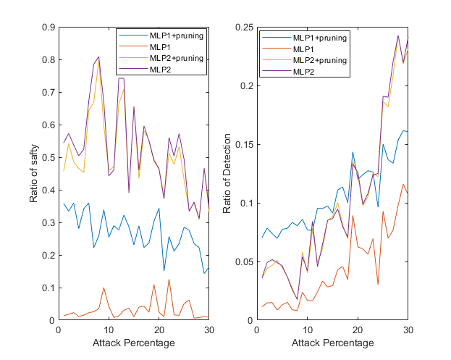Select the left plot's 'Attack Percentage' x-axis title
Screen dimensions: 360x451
[x=134, y=343]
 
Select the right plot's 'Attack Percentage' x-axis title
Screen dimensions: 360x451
[x=332, y=343]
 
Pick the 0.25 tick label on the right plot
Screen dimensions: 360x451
[x=244, y=27]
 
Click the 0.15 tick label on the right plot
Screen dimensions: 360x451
[x=244, y=144]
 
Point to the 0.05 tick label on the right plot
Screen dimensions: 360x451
[x=244, y=261]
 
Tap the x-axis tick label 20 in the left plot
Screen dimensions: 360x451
[x=159, y=330]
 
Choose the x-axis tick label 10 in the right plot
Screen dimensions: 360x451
[x=307, y=330]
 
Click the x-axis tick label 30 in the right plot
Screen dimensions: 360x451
[x=408, y=330]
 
